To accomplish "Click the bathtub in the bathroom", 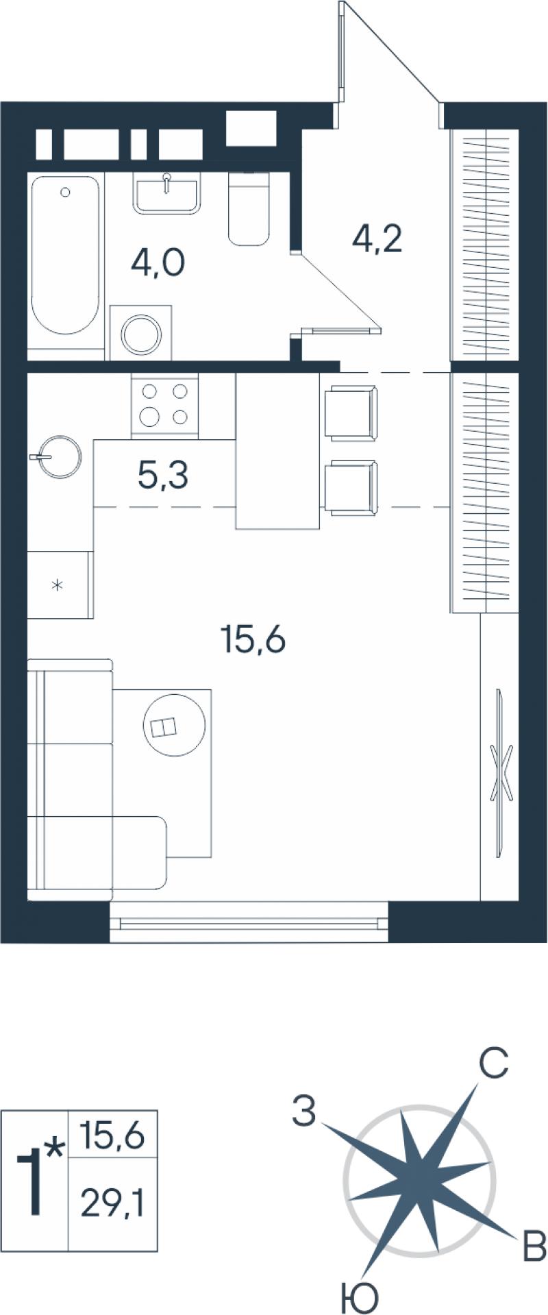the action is pos(66,255).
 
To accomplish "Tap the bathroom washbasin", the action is pos(167,196).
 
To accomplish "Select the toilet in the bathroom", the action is pos(248,208).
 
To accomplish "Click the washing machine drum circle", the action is pos(141,334).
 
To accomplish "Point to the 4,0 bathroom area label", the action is pos(158,262).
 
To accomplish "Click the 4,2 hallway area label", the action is pos(376,238).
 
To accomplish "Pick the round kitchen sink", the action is pos(59,455).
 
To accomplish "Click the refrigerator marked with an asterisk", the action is pos(60,585).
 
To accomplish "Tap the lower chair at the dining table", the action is pos(351,488).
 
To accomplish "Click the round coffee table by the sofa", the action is pos(174,726).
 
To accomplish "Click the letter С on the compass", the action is pos(493,1063).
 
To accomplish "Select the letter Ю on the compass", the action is pos(360,1296).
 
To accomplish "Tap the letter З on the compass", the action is pos(304,1110).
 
